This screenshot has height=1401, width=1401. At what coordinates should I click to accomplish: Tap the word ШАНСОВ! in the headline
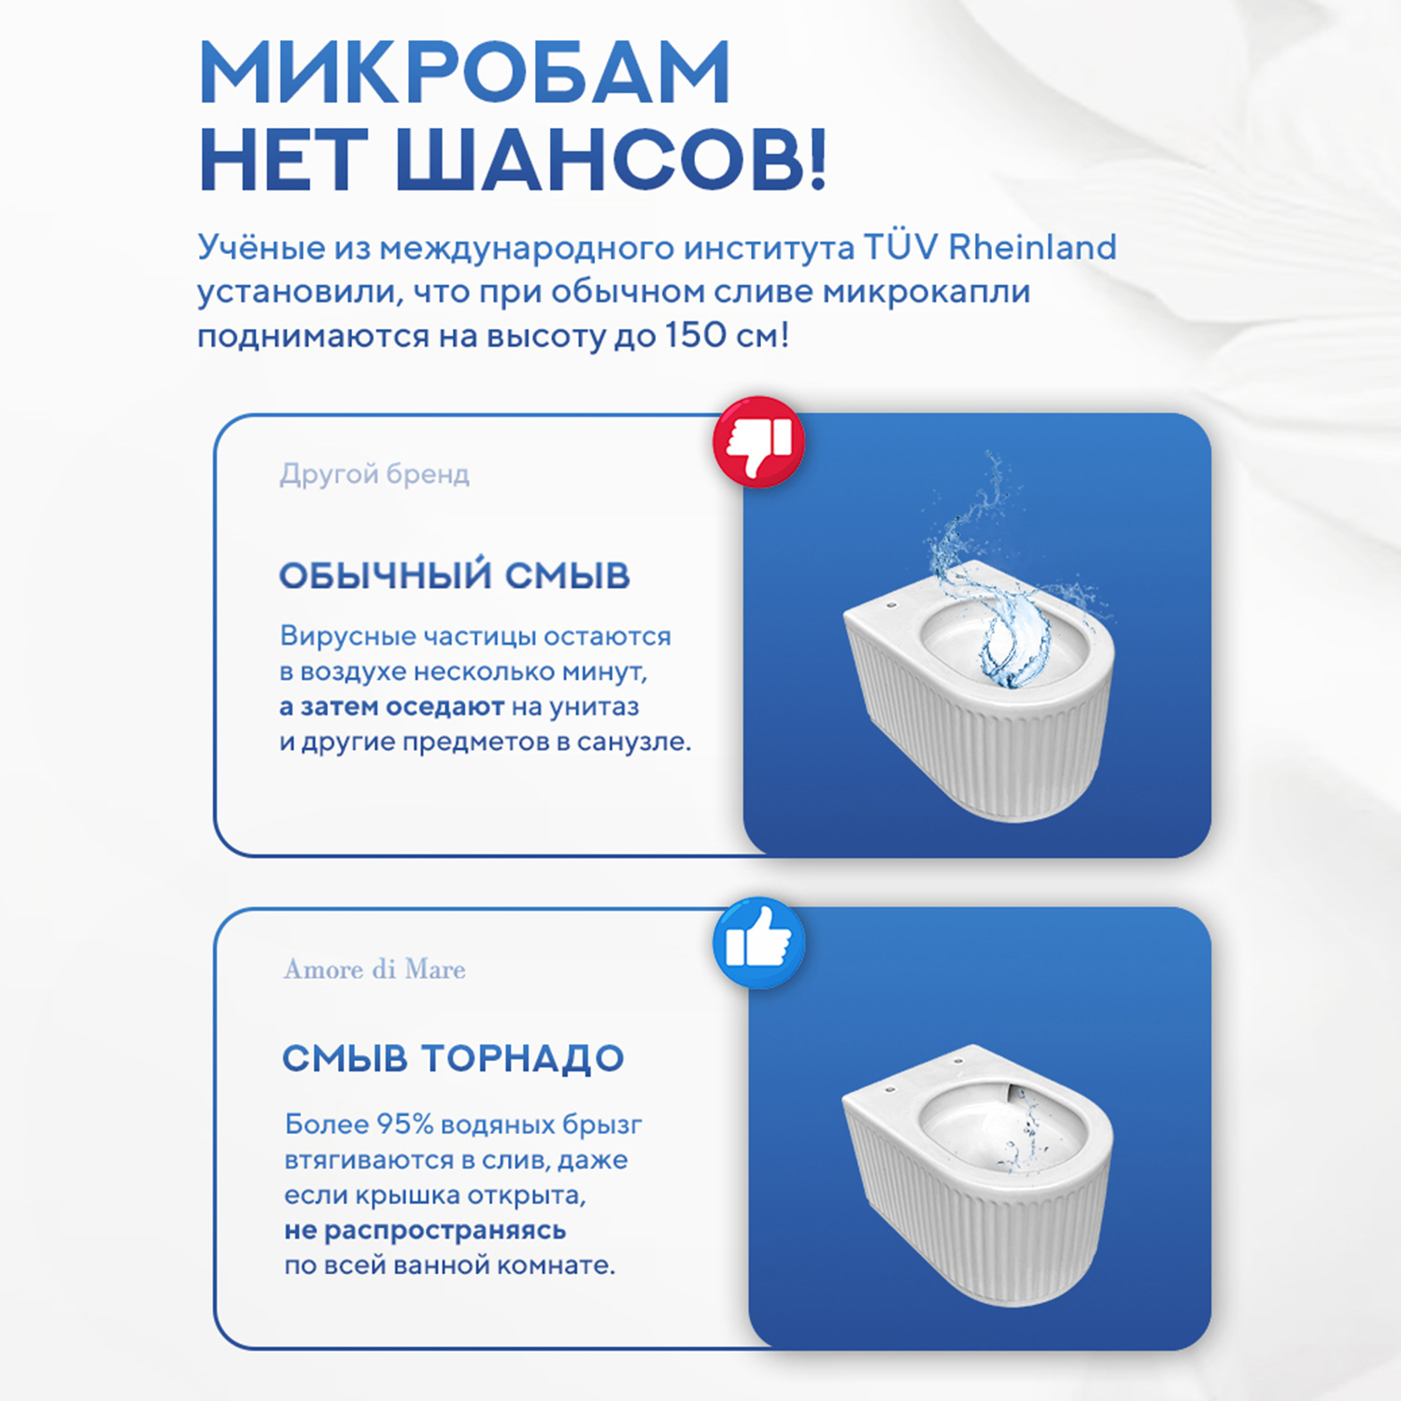(x=611, y=161)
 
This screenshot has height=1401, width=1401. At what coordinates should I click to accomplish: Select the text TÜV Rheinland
(x=989, y=248)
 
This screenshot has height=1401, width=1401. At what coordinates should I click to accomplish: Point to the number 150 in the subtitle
(x=696, y=335)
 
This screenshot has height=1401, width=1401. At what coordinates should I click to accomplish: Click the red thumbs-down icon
(x=758, y=442)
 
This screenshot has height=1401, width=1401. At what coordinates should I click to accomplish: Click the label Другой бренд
(x=375, y=474)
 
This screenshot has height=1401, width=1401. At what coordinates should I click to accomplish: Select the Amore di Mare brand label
(x=375, y=969)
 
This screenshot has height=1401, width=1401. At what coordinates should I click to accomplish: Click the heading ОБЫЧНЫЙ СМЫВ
(x=455, y=576)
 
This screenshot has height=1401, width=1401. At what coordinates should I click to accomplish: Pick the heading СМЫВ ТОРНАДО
(x=454, y=1058)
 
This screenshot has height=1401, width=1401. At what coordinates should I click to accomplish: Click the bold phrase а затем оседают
(x=391, y=707)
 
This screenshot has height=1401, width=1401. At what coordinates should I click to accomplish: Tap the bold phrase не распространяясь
(x=425, y=1230)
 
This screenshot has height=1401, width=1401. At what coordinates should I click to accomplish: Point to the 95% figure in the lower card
(x=404, y=1125)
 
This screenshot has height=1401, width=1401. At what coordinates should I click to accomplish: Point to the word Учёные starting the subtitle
(x=261, y=248)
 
